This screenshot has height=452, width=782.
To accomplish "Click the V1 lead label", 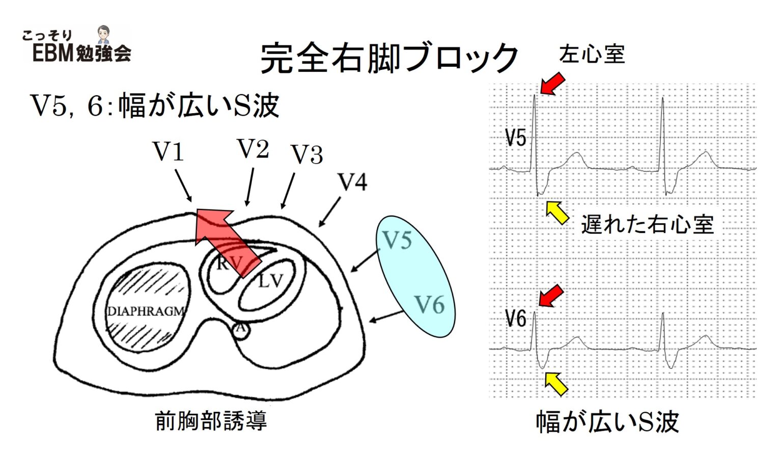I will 168,151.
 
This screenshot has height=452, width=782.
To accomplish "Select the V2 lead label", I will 253,149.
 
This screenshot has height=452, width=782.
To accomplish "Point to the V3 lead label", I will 306,154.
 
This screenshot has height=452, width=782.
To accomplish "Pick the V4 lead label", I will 352,182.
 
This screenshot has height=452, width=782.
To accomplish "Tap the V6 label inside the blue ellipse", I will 429,305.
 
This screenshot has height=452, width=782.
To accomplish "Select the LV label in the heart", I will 269,280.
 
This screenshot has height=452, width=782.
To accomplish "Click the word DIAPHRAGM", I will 146,311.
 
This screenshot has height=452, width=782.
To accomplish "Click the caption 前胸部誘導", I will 211,421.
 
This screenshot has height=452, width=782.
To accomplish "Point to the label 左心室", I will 592,54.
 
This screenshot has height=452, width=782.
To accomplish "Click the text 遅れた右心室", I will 648,224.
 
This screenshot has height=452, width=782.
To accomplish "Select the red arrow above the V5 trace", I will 552,83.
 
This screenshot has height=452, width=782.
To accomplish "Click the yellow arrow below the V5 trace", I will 557,212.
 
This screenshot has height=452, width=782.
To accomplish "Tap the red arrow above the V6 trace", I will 551,296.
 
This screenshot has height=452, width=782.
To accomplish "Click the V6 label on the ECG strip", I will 515,319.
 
